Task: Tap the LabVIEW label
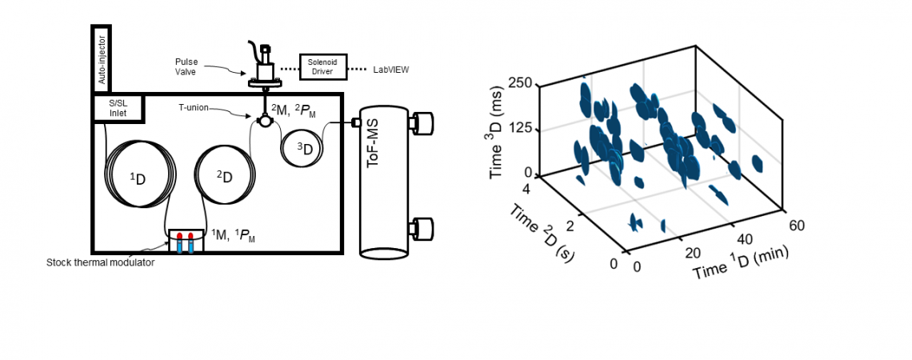pos(392,70)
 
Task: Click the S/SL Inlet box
pos(118,109)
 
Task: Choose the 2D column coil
pos(224,175)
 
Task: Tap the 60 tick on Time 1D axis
pos(797,226)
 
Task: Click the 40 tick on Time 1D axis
pos(743,240)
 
